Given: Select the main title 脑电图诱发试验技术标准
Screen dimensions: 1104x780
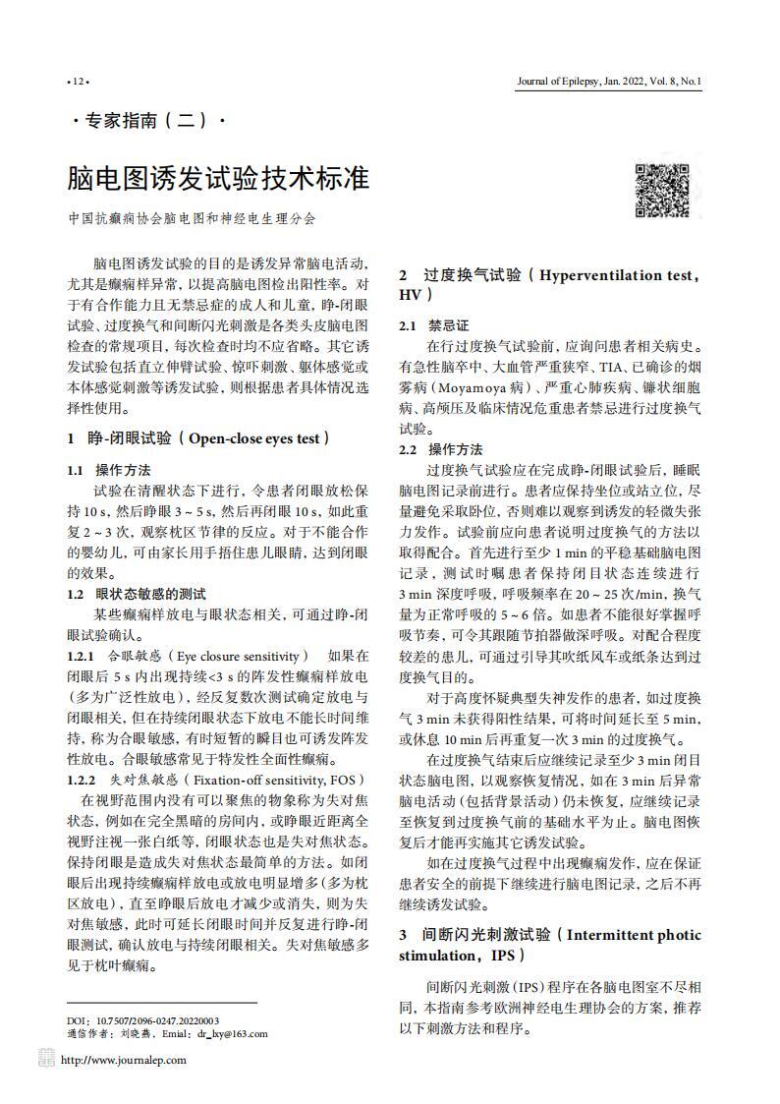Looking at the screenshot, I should coord(218,178).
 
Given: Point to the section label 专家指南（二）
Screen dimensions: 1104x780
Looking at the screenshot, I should coord(149,122).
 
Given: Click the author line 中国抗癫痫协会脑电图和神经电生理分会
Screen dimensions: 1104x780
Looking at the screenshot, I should coord(192,219).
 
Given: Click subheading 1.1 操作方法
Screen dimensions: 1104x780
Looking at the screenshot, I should coord(108,470).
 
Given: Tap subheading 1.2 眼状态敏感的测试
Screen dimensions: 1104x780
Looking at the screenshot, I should coord(136,594).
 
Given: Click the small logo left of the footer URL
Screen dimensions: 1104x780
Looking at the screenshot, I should coord(47,1058).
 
